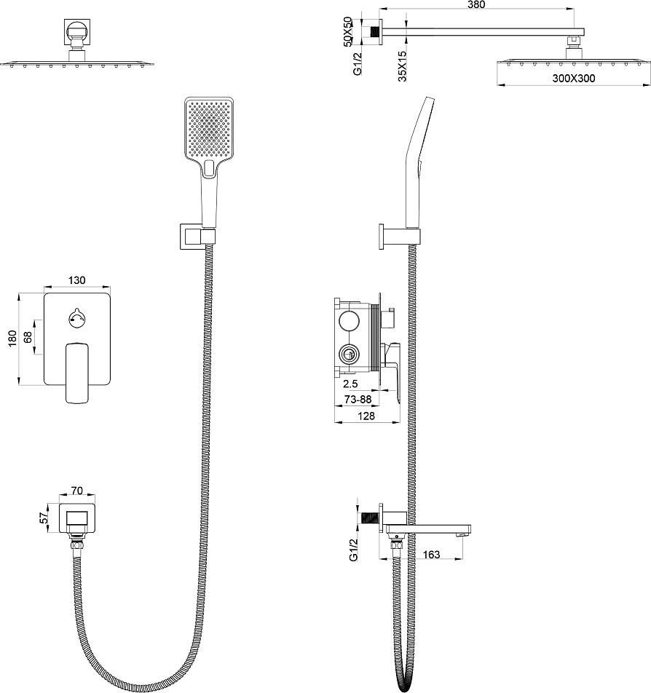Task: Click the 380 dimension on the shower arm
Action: click(x=476, y=4)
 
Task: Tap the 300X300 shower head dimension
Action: click(x=574, y=79)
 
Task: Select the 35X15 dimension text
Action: click(x=402, y=66)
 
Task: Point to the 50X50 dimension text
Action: click(x=347, y=31)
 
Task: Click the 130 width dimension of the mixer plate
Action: click(x=76, y=280)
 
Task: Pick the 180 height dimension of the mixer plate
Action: click(x=12, y=338)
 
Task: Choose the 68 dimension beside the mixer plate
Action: click(x=28, y=337)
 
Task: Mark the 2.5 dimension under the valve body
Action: click(x=350, y=384)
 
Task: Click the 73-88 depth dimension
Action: click(x=358, y=400)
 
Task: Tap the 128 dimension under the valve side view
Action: click(x=366, y=416)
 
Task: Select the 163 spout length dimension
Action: click(x=431, y=554)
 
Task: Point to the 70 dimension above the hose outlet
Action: click(x=77, y=491)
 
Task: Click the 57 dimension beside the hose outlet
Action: click(x=44, y=518)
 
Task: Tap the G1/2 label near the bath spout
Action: click(x=353, y=550)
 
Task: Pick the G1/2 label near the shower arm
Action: click(x=358, y=63)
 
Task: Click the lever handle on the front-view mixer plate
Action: click(x=77, y=373)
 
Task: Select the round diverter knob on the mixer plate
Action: click(x=77, y=318)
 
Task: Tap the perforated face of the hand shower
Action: click(x=209, y=128)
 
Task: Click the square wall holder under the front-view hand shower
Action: click(x=197, y=237)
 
